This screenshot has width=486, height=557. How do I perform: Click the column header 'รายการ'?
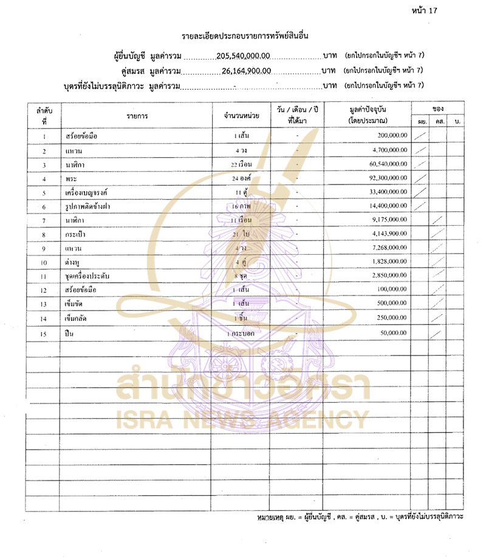[137, 115]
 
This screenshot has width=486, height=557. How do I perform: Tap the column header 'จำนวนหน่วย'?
[242, 115]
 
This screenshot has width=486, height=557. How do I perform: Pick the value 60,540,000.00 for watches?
[385, 165]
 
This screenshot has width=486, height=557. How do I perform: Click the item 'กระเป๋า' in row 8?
[76, 234]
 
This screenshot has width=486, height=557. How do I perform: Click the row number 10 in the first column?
[44, 263]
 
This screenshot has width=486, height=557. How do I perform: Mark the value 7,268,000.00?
[386, 248]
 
